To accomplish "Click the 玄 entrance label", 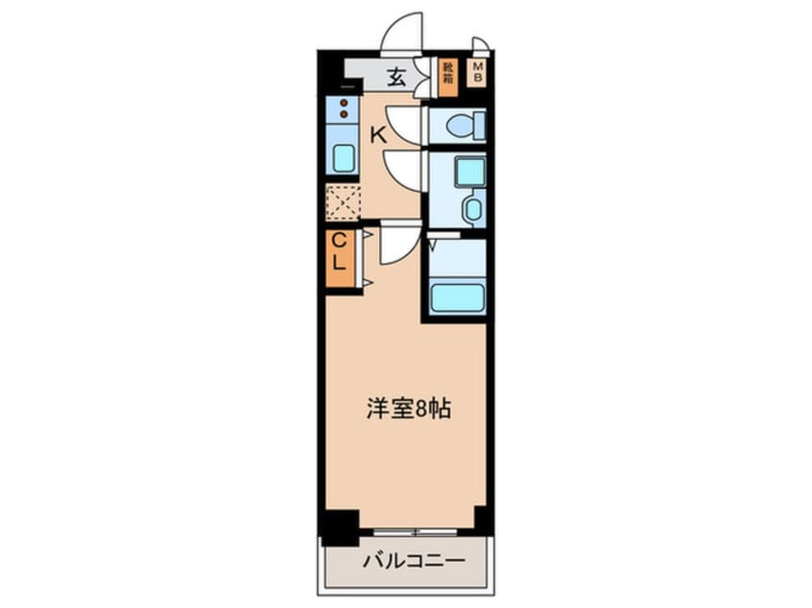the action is (x=396, y=78).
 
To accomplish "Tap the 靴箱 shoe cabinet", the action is (x=448, y=77).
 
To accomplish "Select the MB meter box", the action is (x=477, y=73).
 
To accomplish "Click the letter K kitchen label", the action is (x=378, y=135).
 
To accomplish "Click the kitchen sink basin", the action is (x=342, y=158).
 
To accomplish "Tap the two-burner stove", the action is (x=343, y=108).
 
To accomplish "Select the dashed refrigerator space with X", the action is (x=343, y=200).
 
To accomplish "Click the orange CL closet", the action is (x=339, y=259).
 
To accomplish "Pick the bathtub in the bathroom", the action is (x=458, y=298).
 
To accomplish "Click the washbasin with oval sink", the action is (x=473, y=208).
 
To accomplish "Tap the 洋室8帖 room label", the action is (x=409, y=409).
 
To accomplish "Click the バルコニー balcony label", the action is (x=414, y=561).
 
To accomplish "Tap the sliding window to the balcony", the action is (x=416, y=531).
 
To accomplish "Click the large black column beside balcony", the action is (x=340, y=527).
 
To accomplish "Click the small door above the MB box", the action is (x=481, y=45).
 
